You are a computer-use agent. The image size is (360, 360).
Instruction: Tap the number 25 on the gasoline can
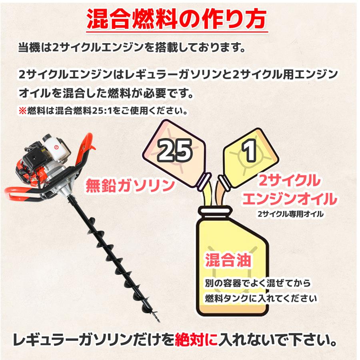tap(174, 150)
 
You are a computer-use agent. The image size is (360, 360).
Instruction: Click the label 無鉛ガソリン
tap(130, 185)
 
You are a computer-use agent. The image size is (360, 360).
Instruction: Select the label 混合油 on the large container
tap(228, 260)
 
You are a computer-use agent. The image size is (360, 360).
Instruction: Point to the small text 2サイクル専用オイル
tap(290, 214)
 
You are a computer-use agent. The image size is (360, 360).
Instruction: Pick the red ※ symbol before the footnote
tap(22, 110)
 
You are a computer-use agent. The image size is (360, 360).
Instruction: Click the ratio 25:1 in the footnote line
tap(102, 110)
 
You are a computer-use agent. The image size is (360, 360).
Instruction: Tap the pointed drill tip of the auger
tap(157, 320)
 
